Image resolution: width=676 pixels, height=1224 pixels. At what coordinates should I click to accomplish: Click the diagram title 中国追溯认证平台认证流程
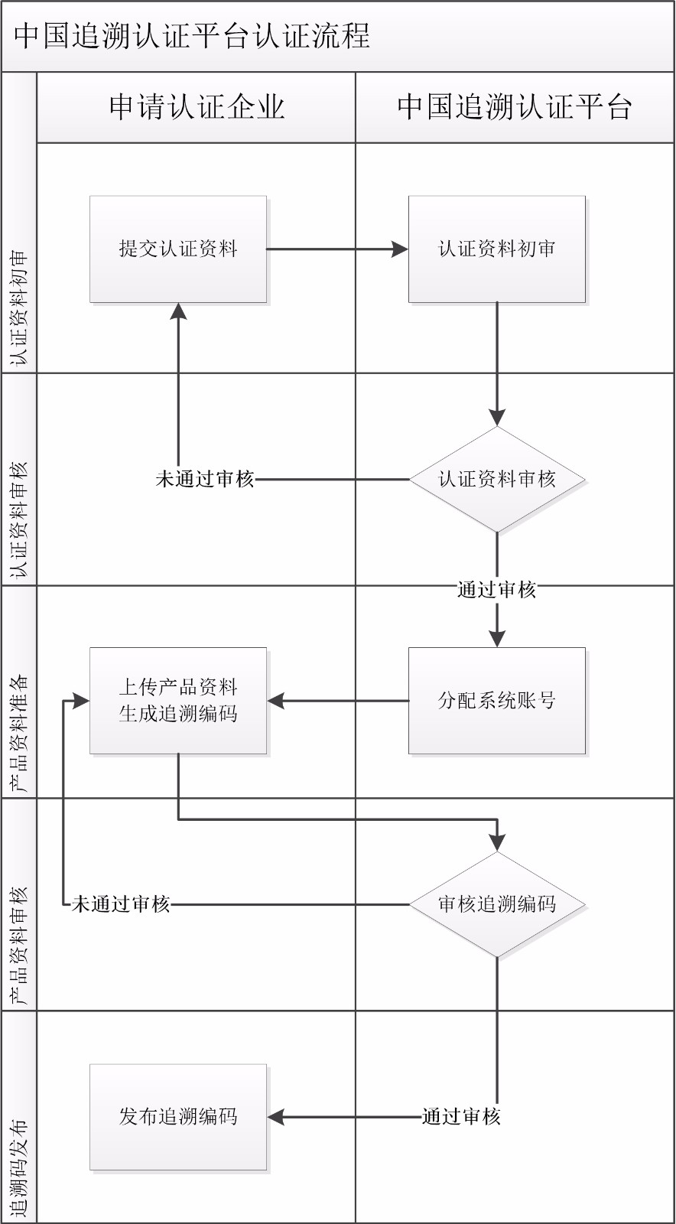tap(192, 36)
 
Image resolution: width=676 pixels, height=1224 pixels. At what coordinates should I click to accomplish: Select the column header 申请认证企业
tap(197, 106)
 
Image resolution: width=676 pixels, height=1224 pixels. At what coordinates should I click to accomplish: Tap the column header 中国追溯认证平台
tap(515, 106)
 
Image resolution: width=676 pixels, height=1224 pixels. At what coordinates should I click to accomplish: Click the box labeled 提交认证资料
tap(178, 249)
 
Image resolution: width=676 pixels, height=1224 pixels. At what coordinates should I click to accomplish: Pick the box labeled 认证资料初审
tap(497, 249)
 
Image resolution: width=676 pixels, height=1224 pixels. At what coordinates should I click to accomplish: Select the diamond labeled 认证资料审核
tap(497, 479)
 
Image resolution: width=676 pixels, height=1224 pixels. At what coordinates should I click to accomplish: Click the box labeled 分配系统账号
tap(497, 701)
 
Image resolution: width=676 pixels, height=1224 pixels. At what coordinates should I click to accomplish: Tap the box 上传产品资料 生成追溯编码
tap(178, 701)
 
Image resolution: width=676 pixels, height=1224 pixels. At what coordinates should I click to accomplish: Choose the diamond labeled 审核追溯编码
tap(497, 904)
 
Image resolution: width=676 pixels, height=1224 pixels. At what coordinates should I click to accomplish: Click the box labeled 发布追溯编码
tap(178, 1117)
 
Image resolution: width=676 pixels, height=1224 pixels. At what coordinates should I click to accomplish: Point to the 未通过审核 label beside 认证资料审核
tap(205, 479)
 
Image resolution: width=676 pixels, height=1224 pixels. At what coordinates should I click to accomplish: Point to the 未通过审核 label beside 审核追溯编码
tap(121, 904)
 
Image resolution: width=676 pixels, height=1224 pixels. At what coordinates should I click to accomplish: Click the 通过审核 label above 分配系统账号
tap(497, 590)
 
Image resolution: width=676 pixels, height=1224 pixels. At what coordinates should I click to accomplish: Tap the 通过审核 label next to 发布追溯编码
tap(461, 1117)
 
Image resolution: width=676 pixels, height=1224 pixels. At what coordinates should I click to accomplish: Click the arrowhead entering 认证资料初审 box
tap(400, 249)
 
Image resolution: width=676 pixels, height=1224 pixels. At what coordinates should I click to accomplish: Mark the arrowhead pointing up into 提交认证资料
tap(178, 311)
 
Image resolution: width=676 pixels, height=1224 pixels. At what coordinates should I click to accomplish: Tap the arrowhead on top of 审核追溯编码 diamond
tap(497, 843)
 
